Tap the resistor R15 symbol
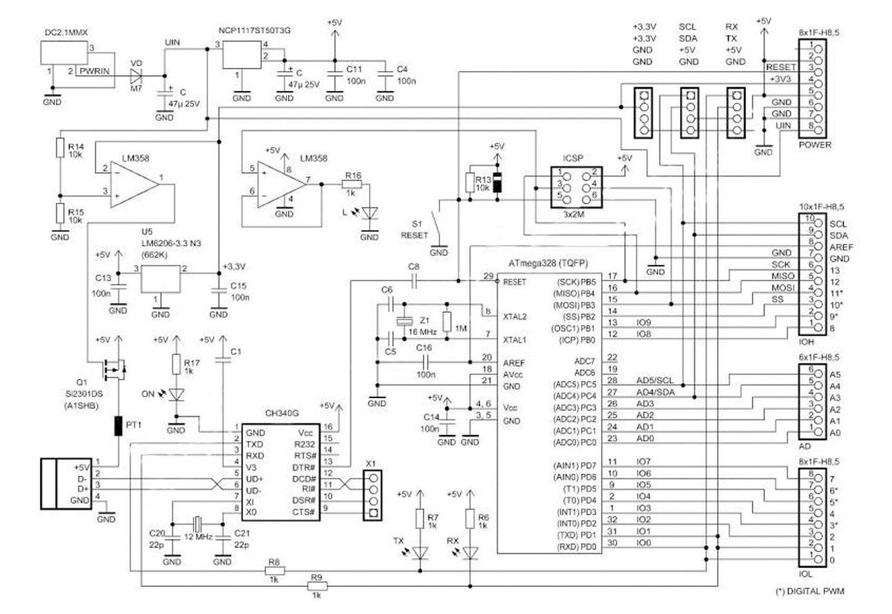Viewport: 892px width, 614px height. click(x=59, y=213)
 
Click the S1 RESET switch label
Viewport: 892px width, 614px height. click(x=414, y=229)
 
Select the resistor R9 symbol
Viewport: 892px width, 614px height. click(x=317, y=586)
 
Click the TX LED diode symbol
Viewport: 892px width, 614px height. click(x=421, y=552)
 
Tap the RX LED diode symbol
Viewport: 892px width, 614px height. click(x=471, y=552)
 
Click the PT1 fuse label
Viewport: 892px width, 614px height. click(x=134, y=425)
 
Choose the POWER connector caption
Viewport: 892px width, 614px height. click(x=815, y=145)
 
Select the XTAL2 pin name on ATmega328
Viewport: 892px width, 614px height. click(x=515, y=317)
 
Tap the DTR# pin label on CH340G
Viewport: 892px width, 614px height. click(x=303, y=467)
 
